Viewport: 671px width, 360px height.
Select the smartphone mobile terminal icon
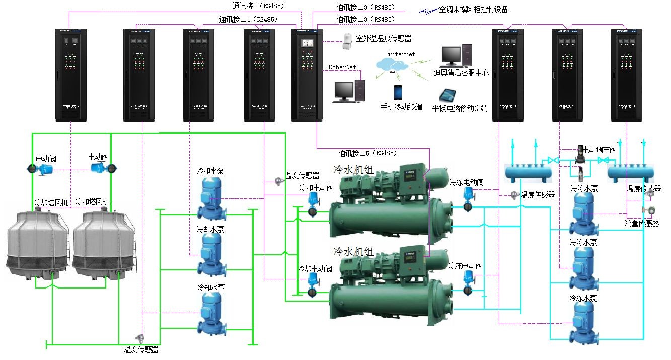click(x=399, y=93)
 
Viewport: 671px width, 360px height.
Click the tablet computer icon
click(x=447, y=95)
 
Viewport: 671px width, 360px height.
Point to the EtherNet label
click(x=342, y=67)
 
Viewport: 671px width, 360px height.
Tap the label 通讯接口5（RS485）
click(x=367, y=153)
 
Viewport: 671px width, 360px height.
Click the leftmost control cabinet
click(x=71, y=75)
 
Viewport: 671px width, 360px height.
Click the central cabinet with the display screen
click(x=306, y=75)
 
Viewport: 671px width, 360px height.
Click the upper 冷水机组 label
click(x=354, y=170)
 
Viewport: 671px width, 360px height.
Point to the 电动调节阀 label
click(x=599, y=150)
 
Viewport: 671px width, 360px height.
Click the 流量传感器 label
click(x=642, y=223)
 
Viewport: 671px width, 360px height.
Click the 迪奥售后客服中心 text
click(x=461, y=73)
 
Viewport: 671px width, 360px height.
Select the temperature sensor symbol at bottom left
click(x=139, y=338)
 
